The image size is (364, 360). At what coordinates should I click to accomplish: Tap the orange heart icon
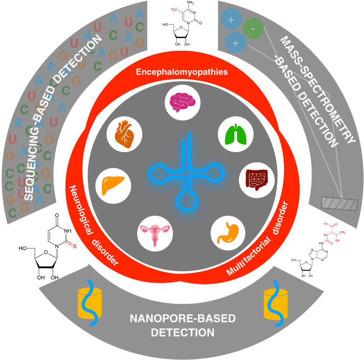[125, 135]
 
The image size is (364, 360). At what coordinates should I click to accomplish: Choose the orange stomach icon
[227, 232]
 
